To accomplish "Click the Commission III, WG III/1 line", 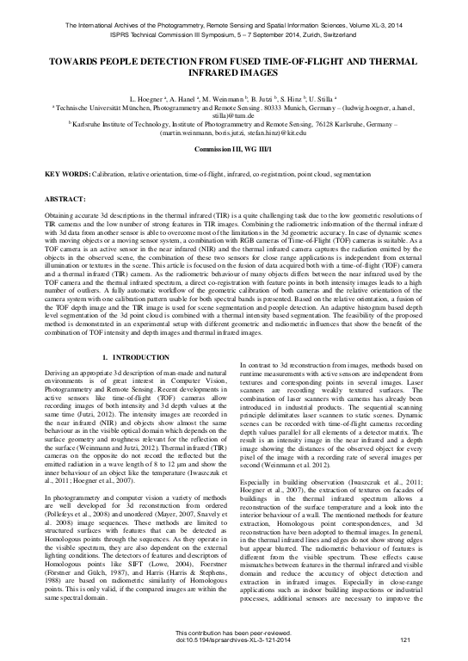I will click(x=233, y=149).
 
